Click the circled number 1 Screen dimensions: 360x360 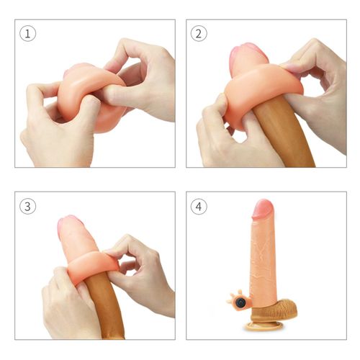27,34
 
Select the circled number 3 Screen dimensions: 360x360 27,206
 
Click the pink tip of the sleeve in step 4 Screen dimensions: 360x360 262,211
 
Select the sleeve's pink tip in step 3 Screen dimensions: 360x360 71,227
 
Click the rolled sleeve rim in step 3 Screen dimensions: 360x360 90,266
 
